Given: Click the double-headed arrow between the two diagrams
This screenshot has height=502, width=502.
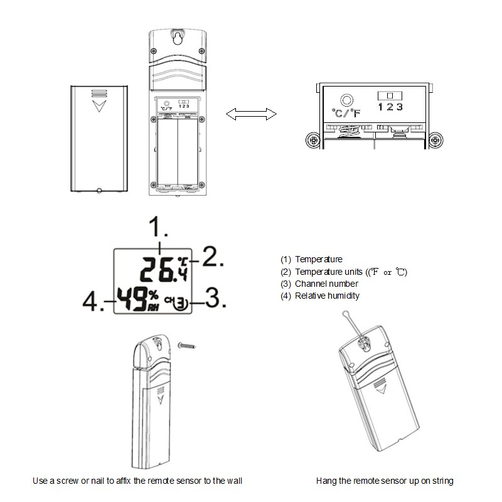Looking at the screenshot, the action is (251, 114).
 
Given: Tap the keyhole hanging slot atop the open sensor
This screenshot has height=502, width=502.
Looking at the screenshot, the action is (178, 38).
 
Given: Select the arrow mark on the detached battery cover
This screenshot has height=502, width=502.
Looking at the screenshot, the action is (99, 106).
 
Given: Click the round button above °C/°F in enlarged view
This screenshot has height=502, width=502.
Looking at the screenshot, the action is (346, 100).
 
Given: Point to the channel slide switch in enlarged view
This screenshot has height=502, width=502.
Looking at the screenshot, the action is (390, 96).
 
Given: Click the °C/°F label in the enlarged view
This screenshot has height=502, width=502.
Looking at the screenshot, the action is (346, 113).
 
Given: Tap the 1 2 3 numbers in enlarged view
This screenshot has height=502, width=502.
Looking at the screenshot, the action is (390, 107).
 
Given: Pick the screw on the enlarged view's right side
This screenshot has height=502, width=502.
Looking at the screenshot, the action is (435, 140).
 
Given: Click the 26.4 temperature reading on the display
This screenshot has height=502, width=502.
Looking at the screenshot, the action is (164, 270).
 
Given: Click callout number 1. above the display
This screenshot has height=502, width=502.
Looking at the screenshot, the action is (159, 227).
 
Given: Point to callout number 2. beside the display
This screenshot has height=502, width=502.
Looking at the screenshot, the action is (213, 257).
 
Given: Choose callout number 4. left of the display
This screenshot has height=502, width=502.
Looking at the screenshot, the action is (93, 302).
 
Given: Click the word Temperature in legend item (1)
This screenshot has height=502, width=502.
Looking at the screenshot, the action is (319, 259).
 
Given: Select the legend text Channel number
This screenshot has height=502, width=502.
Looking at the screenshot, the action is (326, 284).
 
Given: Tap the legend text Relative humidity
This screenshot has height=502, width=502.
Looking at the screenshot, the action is (327, 296).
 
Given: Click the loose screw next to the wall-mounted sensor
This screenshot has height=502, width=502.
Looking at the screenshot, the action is (186, 346).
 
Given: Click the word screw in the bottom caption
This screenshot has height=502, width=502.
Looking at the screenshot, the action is (68, 481).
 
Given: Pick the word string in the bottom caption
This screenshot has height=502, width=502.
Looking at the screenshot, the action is (442, 481).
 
